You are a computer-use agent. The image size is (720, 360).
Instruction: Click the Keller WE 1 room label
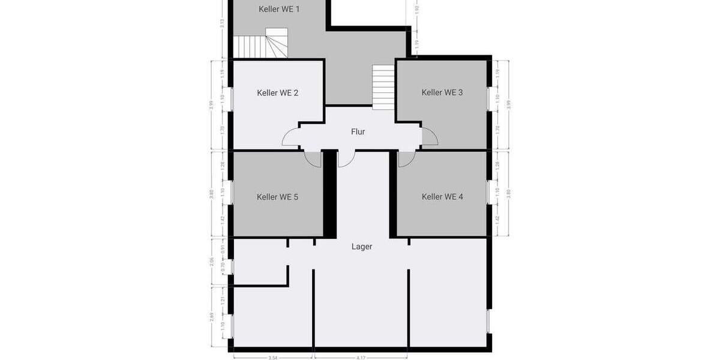coord(279,9)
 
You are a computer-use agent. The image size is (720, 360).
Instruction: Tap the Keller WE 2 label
coord(277,93)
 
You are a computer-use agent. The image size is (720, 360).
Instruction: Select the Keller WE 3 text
coord(442,92)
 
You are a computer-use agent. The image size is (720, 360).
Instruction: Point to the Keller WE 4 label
coord(442,197)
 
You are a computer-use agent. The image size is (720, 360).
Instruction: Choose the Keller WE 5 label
coord(277,197)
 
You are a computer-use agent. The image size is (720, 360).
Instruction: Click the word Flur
coord(358,132)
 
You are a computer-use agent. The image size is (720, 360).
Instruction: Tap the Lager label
coord(362,247)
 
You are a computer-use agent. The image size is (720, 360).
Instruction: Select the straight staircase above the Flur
coord(383,86)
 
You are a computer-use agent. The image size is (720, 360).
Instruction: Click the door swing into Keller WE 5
coord(313,159)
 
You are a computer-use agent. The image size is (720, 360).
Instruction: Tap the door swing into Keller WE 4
coord(407,159)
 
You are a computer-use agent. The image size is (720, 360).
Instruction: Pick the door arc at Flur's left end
coord(291,137)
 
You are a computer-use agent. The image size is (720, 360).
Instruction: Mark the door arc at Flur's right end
coord(430,137)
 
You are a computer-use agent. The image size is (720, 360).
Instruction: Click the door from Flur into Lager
coord(346,158)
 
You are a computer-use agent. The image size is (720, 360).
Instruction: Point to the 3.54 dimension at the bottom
coord(273,357)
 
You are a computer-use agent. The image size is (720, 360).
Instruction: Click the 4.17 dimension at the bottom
coord(361,357)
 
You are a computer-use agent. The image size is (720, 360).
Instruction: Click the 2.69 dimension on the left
coord(212,316)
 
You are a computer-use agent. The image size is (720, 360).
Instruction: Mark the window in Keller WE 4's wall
coord(488,193)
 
